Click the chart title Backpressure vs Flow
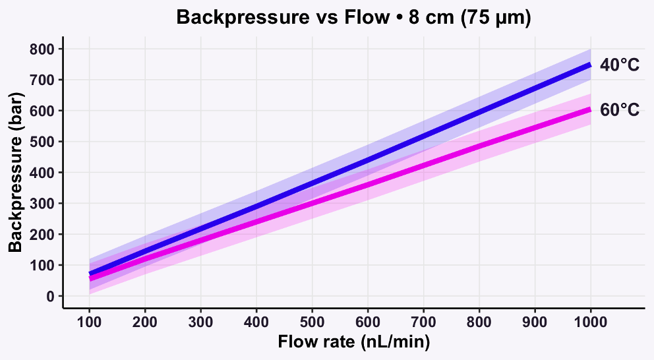pyautogui.click(x=353, y=18)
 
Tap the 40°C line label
pyautogui.click(x=619, y=66)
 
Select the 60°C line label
pyautogui.click(x=619, y=110)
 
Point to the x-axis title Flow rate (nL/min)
pyautogui.click(x=354, y=342)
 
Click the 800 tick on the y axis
pyautogui.click(x=44, y=49)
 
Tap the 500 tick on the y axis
pyautogui.click(x=44, y=142)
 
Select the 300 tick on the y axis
pyautogui.click(x=44, y=204)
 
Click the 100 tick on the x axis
pyautogui.click(x=89, y=323)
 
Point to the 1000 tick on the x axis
pyautogui.click(x=590, y=323)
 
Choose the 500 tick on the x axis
pyautogui.click(x=312, y=323)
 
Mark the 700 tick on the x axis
pyautogui.click(x=423, y=323)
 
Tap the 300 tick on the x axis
pyautogui.click(x=200, y=323)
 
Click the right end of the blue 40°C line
pyautogui.click(x=589, y=65)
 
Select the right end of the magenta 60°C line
pyautogui.click(x=589, y=109)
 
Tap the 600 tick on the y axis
pyautogui.click(x=44, y=111)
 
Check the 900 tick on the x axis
pyautogui.click(x=535, y=323)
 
